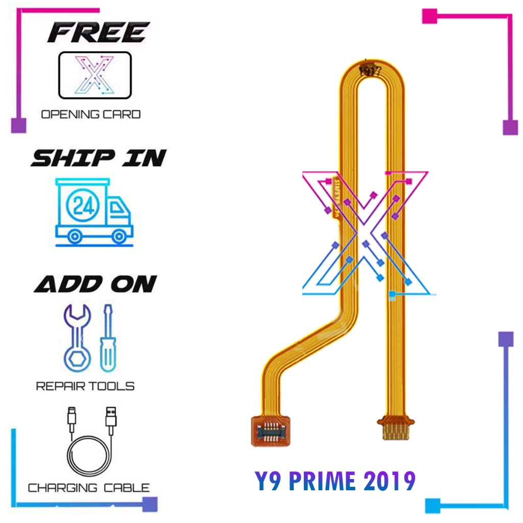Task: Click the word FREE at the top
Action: click(x=98, y=33)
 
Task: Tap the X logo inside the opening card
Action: click(x=94, y=75)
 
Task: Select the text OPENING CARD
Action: click(x=91, y=114)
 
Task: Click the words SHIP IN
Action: click(x=98, y=158)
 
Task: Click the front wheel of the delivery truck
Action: click(x=120, y=236)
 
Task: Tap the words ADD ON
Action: click(x=96, y=284)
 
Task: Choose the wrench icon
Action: click(x=78, y=337)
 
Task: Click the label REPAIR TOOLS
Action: click(x=85, y=386)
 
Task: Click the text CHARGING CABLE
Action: click(x=88, y=488)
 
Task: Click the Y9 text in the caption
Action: click(x=270, y=481)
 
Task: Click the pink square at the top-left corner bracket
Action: click(x=18, y=125)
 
